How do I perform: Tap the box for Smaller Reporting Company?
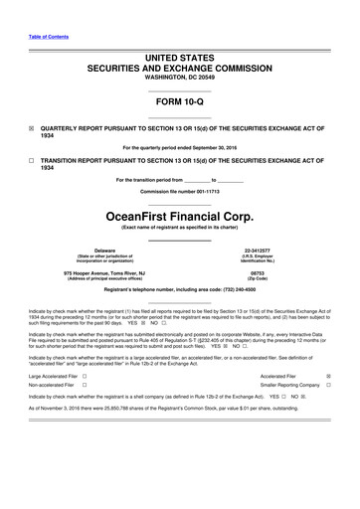point(328,386)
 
